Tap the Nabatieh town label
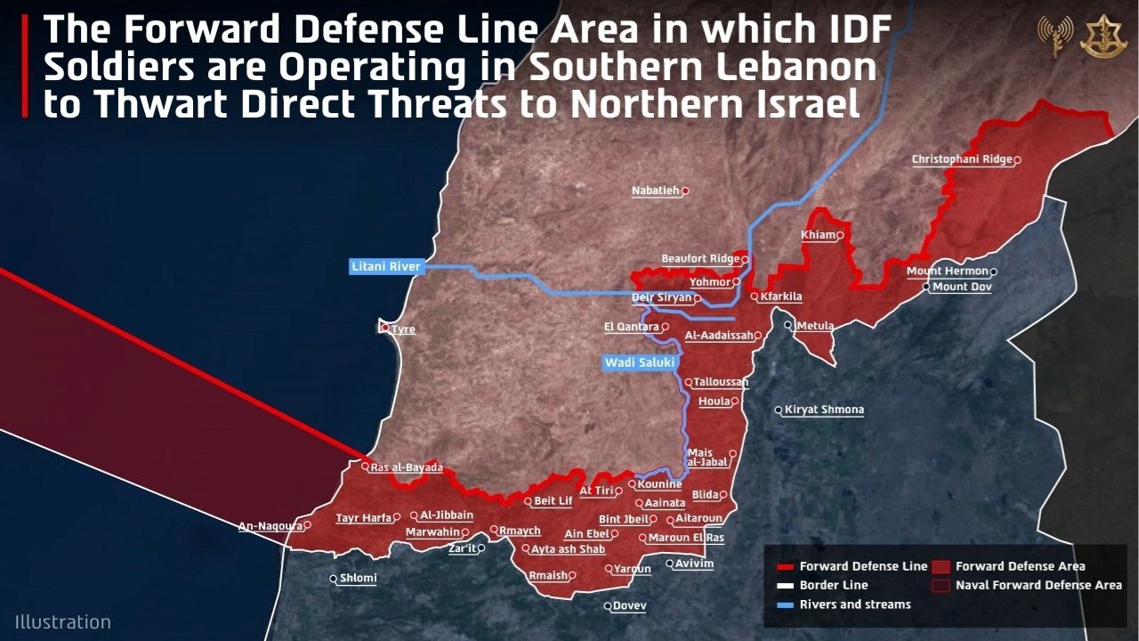pyautogui.click(x=656, y=191)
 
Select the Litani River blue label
pyautogui.click(x=385, y=266)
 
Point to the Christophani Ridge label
pyautogui.click(x=962, y=159)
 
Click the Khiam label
pyautogui.click(x=818, y=235)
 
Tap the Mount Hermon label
pyautogui.click(x=947, y=271)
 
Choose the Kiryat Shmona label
pyautogui.click(x=824, y=410)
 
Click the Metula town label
pyautogui.click(x=814, y=326)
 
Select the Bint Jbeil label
pyautogui.click(x=623, y=519)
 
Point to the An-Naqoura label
pyautogui.click(x=271, y=526)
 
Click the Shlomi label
pyautogui.click(x=358, y=578)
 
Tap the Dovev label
pyautogui.click(x=629, y=606)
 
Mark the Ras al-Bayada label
pyautogui.click(x=406, y=467)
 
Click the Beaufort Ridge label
pyautogui.click(x=700, y=259)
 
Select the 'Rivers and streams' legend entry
pyautogui.click(x=854, y=604)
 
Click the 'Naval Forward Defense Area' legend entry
pyautogui.click(x=1038, y=586)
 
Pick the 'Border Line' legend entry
pyautogui.click(x=833, y=586)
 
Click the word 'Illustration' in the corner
pyautogui.click(x=62, y=622)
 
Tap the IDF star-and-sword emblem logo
pyautogui.click(x=1103, y=37)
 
